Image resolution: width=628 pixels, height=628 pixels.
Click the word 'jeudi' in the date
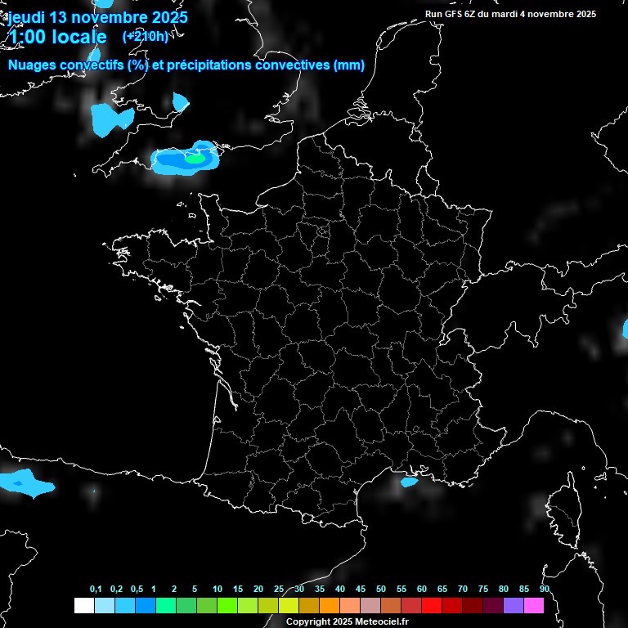(x=27, y=16)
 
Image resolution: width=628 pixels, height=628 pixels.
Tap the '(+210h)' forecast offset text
(x=145, y=36)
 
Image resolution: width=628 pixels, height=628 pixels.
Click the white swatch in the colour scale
(x=83, y=605)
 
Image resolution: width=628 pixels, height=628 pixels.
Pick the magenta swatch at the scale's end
(x=533, y=605)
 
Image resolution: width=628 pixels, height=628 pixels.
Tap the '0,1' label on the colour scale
(x=96, y=590)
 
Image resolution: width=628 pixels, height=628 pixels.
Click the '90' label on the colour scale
(x=544, y=590)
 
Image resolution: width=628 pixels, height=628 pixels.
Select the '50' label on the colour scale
(x=380, y=590)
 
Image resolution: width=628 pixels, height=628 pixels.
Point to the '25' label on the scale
(x=279, y=590)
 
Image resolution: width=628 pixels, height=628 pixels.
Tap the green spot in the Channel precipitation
(x=195, y=159)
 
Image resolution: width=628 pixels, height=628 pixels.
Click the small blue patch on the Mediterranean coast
(x=409, y=482)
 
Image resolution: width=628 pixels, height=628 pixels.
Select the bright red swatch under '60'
(x=431, y=605)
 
